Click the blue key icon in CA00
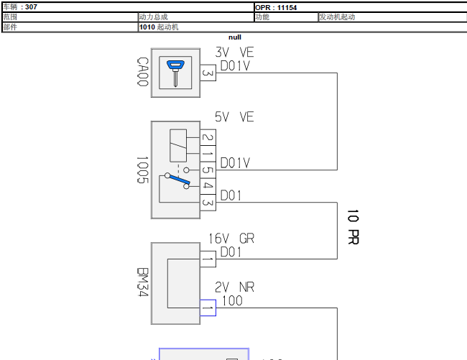(175, 73)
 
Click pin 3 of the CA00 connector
(208, 73)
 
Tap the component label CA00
(143, 72)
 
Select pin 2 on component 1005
(208, 137)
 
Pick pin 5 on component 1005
(208, 170)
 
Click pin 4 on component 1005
(208, 186)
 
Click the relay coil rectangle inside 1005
(178, 146)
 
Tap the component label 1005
(142, 170)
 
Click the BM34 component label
(143, 282)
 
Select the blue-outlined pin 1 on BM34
(208, 308)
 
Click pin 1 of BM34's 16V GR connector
(208, 259)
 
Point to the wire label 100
(232, 301)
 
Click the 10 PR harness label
(353, 227)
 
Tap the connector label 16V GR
(231, 239)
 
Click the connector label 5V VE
(234, 116)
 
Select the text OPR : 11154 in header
(276, 7)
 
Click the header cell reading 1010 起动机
(159, 27)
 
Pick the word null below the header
(235, 37)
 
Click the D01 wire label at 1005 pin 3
(231, 195)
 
